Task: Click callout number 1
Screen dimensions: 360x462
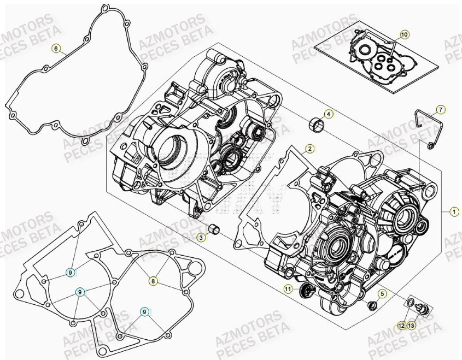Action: pyautogui.click(x=453, y=210)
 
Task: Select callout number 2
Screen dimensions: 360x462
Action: pyautogui.click(x=309, y=148)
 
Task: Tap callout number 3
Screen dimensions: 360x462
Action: pyautogui.click(x=201, y=237)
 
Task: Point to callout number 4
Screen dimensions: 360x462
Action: pyautogui.click(x=328, y=114)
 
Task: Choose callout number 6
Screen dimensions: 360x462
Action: pyautogui.click(x=56, y=48)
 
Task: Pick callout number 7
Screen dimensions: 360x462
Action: pyautogui.click(x=441, y=110)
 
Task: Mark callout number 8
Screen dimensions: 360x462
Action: pyautogui.click(x=154, y=281)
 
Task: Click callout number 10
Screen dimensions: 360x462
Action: pyautogui.click(x=404, y=34)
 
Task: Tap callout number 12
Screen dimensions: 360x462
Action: pyautogui.click(x=401, y=326)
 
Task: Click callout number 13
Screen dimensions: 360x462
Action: pyautogui.click(x=412, y=326)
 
